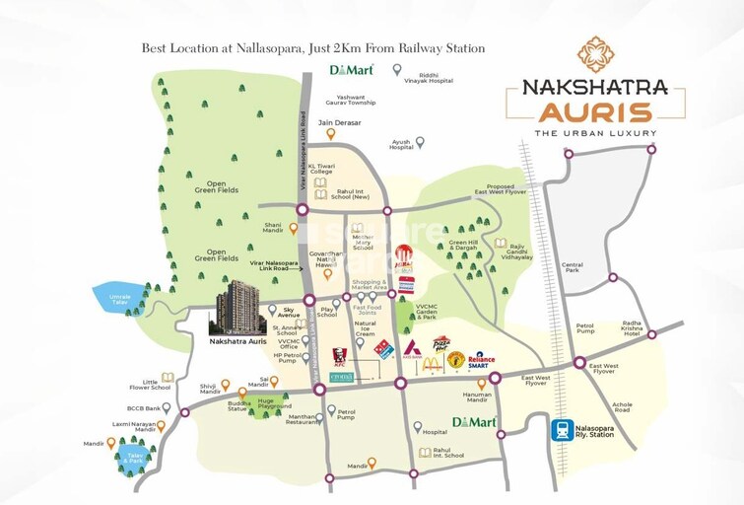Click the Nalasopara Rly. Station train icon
click(x=563, y=429)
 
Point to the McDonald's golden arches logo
click(x=432, y=363)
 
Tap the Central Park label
click(x=573, y=268)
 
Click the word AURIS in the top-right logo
click(x=587, y=110)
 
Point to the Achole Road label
click(x=622, y=407)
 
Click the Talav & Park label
click(x=133, y=457)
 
